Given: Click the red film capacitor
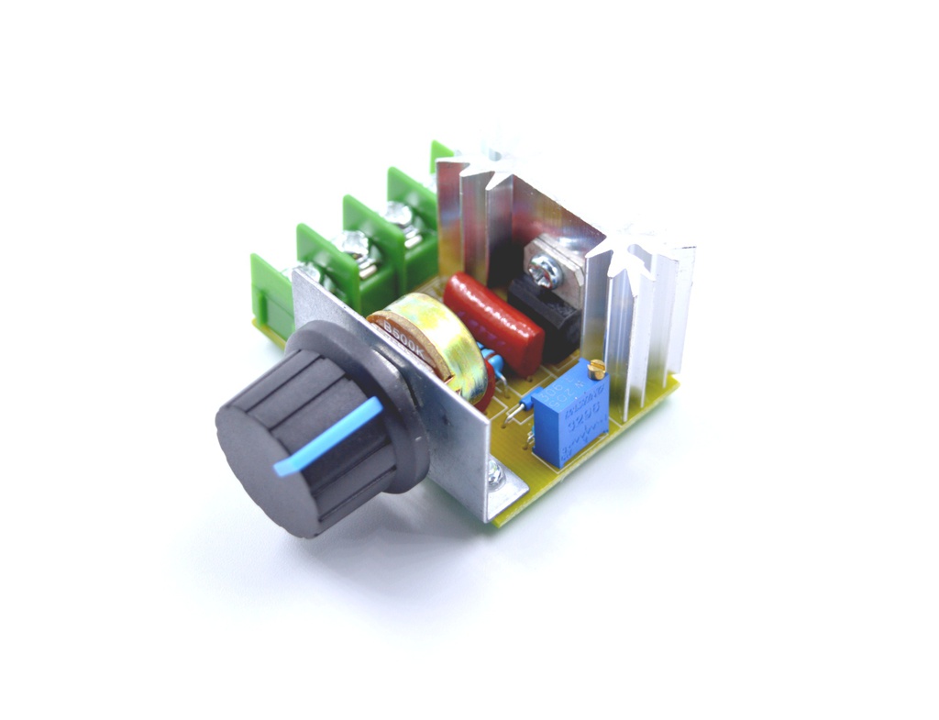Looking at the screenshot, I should (x=494, y=321).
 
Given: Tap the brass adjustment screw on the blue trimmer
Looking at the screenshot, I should (x=597, y=371).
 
